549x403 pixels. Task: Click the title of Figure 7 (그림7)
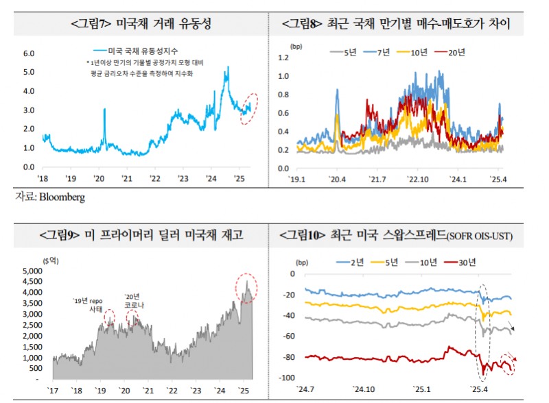(140, 25)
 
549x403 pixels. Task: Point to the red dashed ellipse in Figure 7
(249, 108)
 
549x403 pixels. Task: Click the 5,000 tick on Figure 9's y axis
(32, 271)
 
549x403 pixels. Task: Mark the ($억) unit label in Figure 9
(49, 260)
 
